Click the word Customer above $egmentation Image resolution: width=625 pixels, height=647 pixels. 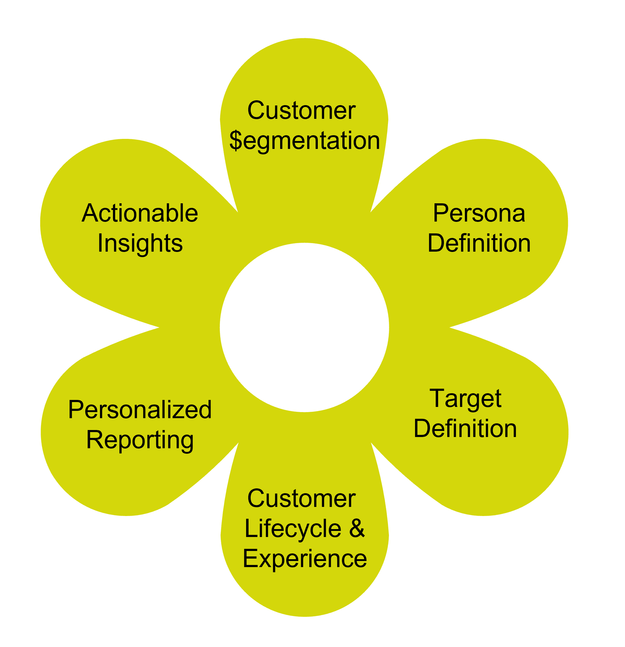(x=301, y=111)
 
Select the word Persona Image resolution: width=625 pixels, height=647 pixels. (x=479, y=213)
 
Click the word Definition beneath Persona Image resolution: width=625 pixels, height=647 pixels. (x=479, y=243)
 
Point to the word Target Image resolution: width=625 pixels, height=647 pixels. (x=465, y=399)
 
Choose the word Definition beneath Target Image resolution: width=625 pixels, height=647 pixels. (x=465, y=429)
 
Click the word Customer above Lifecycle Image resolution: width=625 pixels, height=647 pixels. (x=301, y=499)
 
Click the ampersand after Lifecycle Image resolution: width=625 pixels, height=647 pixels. (x=357, y=529)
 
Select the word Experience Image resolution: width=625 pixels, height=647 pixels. (x=304, y=559)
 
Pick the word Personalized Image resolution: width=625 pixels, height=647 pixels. (x=140, y=410)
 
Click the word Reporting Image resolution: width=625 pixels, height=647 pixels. (x=140, y=440)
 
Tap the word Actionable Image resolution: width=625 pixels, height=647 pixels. (x=140, y=213)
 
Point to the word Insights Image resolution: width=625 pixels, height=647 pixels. (x=140, y=243)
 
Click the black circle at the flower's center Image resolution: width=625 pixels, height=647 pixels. (x=304, y=328)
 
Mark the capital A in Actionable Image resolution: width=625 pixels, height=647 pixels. (x=90, y=213)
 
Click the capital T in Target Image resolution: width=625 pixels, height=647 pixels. (x=438, y=398)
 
